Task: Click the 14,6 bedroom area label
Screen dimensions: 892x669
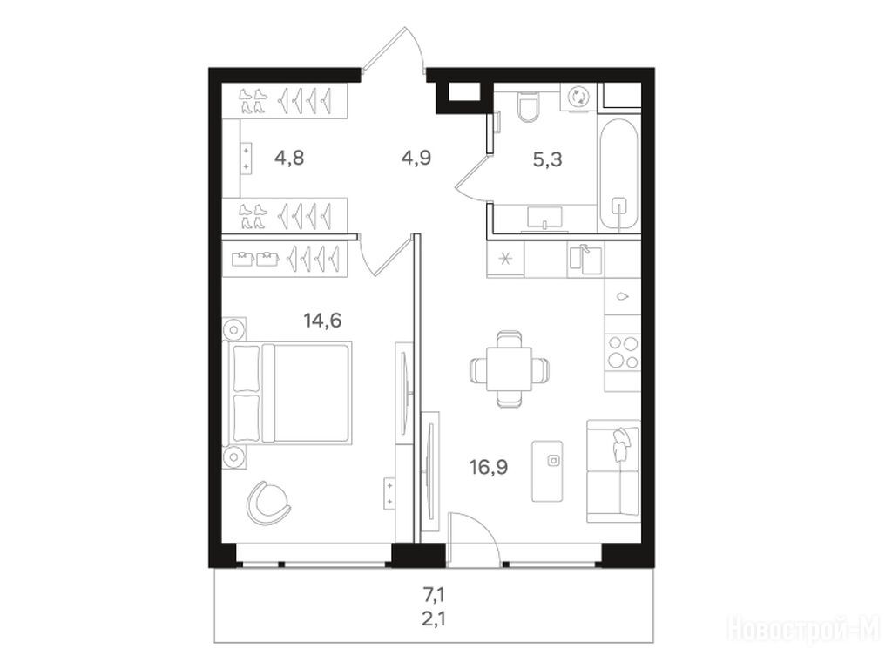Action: click(322, 321)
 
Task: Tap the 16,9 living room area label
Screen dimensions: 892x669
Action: click(489, 468)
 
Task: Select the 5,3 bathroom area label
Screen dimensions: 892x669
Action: click(547, 160)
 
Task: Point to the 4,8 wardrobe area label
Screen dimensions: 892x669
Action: click(289, 157)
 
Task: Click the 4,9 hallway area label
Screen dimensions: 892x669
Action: click(416, 157)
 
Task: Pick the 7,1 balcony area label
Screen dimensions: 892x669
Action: click(434, 596)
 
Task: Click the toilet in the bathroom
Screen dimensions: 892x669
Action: click(527, 105)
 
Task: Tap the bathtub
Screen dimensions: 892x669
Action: click(618, 175)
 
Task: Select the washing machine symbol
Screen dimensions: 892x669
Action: click(578, 96)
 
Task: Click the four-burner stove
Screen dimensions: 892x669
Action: click(623, 352)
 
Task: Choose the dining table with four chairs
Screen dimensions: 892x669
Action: click(510, 369)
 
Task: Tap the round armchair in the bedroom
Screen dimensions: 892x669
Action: click(268, 503)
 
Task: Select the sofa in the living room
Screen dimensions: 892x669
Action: click(614, 471)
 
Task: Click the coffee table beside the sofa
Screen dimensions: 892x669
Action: click(547, 471)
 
